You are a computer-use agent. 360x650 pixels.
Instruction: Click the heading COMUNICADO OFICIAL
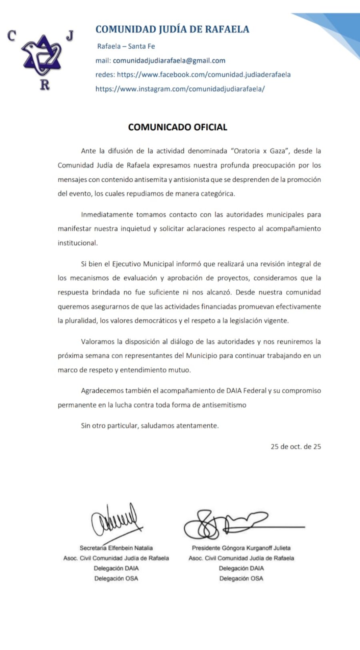coord(178,127)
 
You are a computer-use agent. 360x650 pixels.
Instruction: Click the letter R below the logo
coord(45,85)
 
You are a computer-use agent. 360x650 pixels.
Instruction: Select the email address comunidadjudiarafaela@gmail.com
coord(169,60)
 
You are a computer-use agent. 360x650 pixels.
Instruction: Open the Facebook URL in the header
coord(204,74)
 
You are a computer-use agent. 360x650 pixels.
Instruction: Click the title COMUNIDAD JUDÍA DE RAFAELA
coord(172,29)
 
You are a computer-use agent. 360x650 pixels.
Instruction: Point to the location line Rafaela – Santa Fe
coord(126,46)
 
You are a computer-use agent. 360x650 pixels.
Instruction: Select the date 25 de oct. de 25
coord(296,446)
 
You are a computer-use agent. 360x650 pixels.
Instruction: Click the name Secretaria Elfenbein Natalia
coord(116,548)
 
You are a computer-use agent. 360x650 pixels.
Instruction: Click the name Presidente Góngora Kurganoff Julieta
coord(241,548)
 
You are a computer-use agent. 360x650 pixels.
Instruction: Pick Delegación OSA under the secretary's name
coord(116,578)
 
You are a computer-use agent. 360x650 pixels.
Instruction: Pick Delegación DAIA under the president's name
coord(241,568)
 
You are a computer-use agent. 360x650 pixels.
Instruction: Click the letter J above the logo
coord(70,36)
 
